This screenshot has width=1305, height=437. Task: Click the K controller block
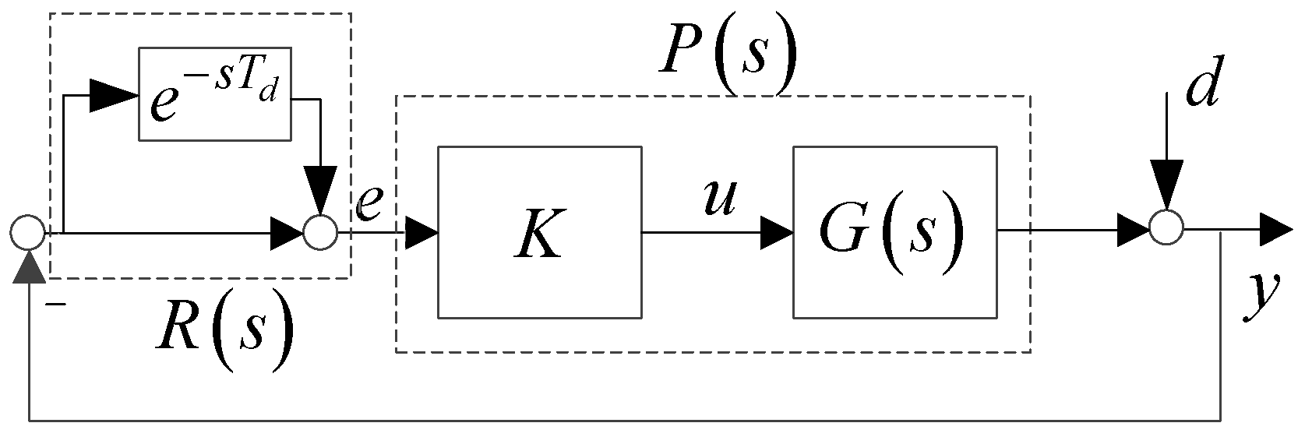[x=539, y=232]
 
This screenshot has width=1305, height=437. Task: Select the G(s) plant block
[x=894, y=232]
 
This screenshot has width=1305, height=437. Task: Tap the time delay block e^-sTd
[x=215, y=93]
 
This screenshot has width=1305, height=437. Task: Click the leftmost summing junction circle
[x=29, y=233]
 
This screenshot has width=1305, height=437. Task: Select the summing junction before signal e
[x=319, y=233]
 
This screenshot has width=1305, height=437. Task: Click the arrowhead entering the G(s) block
[x=777, y=231]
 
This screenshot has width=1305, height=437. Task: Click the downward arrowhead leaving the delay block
[x=319, y=190]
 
